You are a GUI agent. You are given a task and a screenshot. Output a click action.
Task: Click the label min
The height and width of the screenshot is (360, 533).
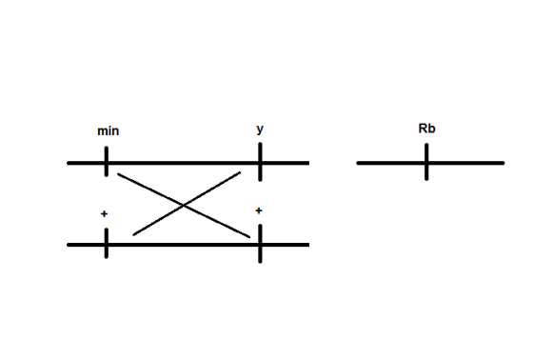[109, 131]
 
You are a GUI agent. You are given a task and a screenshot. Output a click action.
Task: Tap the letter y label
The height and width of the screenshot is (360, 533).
[260, 130]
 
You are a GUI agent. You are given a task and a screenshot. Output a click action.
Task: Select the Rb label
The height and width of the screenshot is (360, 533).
[426, 129]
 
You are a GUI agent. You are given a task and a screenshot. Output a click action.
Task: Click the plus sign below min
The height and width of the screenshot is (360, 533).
[105, 213]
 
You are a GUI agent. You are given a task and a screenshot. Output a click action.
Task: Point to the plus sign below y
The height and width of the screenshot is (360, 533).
[259, 211]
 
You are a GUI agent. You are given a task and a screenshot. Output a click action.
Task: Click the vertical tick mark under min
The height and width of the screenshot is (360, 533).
[107, 162]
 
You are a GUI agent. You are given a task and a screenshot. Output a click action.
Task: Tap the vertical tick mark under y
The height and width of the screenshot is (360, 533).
[260, 162]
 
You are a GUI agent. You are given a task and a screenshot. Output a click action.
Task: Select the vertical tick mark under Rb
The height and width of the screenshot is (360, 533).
[426, 162]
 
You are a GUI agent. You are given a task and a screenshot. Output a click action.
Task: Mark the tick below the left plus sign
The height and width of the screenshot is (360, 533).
[107, 243]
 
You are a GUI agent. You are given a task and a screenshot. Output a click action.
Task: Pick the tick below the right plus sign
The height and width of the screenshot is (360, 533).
[260, 244]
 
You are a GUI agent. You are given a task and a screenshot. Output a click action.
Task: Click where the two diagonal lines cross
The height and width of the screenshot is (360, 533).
[184, 206]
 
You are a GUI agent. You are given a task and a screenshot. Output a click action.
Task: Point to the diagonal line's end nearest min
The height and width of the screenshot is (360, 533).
[118, 174]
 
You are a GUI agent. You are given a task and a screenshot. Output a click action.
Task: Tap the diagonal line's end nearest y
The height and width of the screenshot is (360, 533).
[240, 172]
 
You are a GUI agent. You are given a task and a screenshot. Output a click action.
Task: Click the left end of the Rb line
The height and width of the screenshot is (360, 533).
[358, 163]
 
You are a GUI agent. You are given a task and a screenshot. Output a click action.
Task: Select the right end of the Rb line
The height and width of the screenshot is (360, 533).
[503, 163]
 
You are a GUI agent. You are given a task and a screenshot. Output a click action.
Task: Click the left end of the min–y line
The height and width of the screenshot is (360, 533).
[69, 163]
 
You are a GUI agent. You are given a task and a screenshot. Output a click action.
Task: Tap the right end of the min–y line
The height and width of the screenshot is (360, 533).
[308, 163]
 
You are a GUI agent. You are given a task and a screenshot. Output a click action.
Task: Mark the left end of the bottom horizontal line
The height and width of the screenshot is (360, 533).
[69, 245]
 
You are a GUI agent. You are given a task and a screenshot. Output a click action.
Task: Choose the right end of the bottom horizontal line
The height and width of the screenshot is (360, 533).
[308, 245]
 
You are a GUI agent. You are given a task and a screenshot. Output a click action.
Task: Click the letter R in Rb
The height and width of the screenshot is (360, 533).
[423, 129]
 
